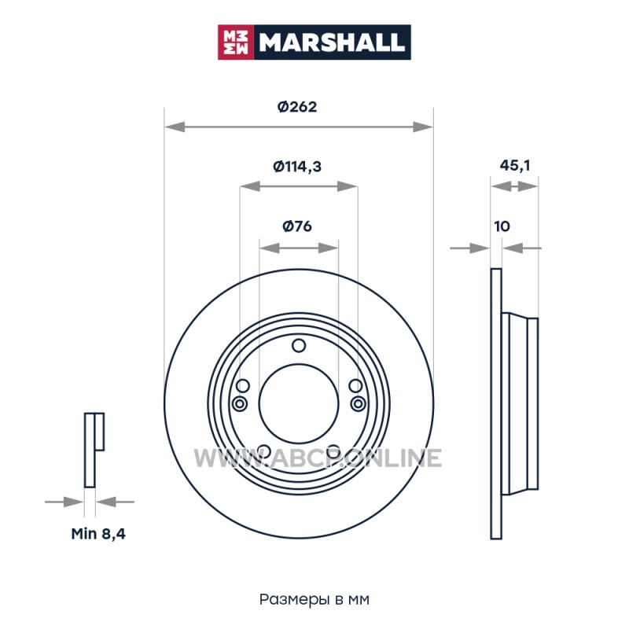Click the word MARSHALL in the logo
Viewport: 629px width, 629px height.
331,42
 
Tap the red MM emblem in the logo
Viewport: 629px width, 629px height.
236,42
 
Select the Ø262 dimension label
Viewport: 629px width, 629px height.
297,107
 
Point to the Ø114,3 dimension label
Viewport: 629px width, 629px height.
297,166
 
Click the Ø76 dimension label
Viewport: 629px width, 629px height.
297,226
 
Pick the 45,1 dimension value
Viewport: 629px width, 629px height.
515,165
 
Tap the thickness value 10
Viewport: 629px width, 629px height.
502,226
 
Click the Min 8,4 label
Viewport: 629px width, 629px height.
98,534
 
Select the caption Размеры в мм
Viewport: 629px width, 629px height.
314,599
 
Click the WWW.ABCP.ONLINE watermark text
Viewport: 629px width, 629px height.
318,458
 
